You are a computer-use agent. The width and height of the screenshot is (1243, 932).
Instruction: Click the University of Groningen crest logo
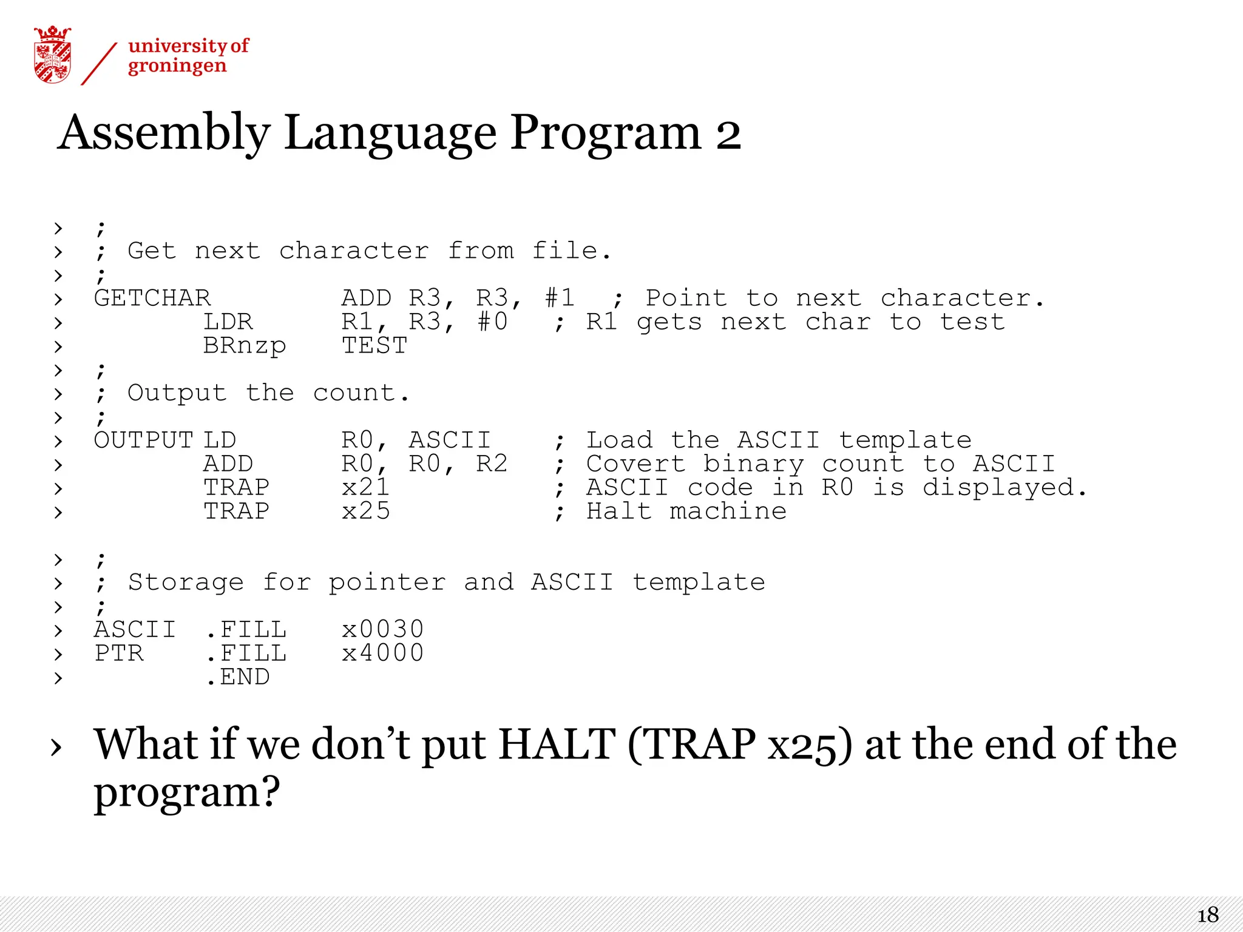[53, 55]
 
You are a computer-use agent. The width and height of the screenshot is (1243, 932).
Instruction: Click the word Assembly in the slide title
[164, 133]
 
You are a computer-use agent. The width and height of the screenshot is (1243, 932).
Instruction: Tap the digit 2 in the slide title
[728, 135]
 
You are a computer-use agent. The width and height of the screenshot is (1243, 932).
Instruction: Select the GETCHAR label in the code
[152, 299]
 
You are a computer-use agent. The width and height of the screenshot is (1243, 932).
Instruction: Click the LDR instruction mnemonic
[228, 322]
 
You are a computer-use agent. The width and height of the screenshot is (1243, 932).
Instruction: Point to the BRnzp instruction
[244, 346]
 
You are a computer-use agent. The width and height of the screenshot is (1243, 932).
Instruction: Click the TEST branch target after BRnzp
[374, 346]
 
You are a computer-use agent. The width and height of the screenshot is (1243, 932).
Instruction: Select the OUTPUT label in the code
[143, 441]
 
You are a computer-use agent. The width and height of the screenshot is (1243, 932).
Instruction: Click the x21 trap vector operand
[365, 488]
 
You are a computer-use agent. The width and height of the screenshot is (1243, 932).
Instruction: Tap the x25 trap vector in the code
[365, 512]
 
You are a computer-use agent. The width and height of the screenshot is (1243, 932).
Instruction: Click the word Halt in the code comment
[619, 512]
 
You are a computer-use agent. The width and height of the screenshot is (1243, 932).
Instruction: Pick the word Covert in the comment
[635, 464]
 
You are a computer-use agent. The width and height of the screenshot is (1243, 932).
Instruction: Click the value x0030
[382, 630]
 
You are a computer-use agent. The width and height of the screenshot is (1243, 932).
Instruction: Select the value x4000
[382, 653]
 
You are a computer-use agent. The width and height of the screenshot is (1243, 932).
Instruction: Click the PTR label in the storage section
[119, 653]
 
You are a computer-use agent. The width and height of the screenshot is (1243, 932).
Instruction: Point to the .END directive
[238, 677]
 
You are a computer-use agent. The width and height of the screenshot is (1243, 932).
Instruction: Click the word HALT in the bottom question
[557, 745]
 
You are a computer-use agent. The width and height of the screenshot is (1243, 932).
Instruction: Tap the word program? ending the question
[187, 792]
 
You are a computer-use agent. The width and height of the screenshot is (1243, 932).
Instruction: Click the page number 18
[1208, 915]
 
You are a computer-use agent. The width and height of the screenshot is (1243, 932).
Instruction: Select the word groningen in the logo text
[177, 66]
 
